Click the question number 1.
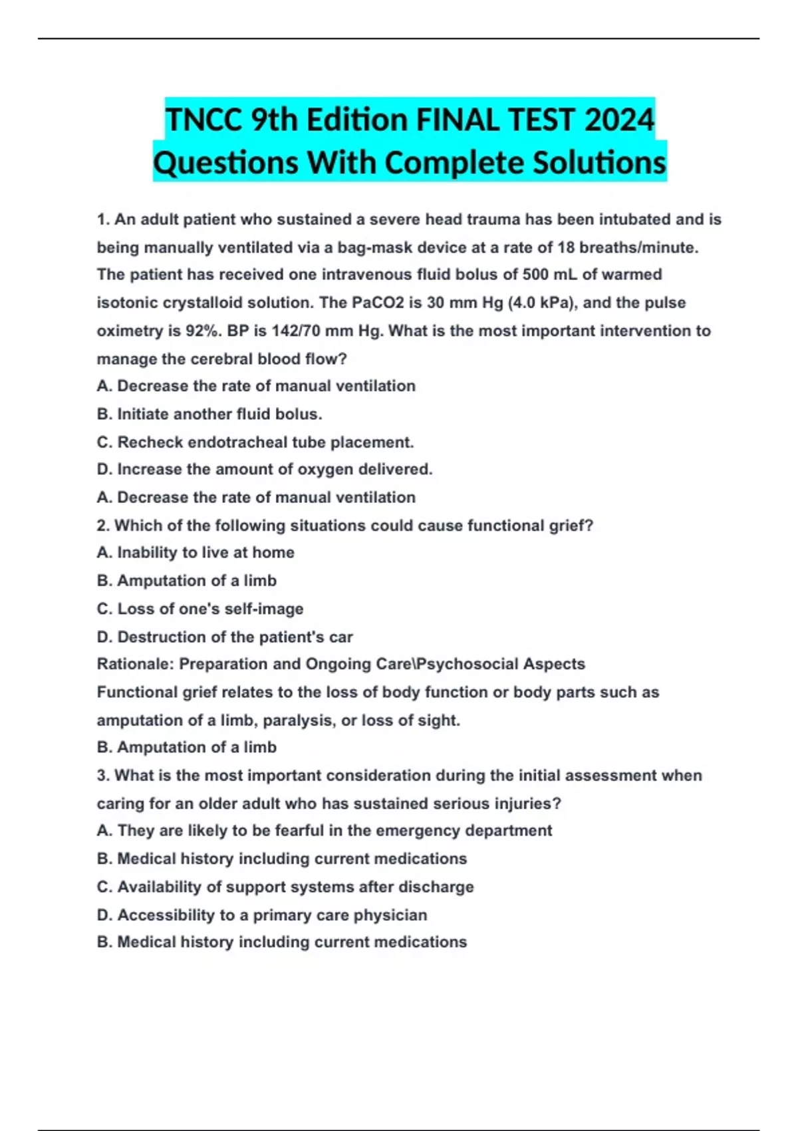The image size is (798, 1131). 102,220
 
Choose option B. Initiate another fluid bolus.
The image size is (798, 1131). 209,414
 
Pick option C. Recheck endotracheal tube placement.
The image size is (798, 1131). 255,442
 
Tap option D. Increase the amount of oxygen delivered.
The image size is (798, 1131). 265,470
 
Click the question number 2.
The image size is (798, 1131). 102,526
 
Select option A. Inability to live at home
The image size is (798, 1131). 196,553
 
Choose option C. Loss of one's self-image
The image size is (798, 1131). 200,609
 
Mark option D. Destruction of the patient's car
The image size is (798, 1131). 225,637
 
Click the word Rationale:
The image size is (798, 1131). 135,664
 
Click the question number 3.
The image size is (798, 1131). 102,776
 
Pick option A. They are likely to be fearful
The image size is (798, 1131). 325,831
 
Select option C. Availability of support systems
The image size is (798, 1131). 285,887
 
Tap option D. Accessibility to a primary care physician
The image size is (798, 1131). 262,915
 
